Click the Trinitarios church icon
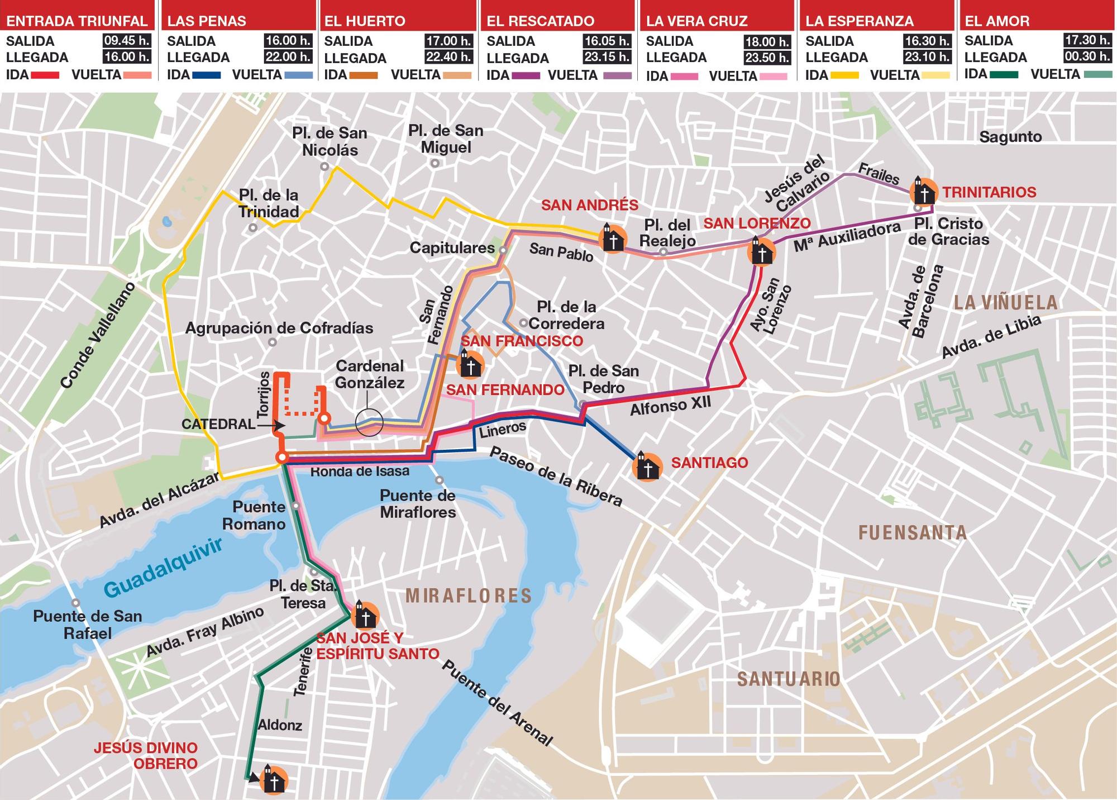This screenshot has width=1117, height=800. pyautogui.click(x=924, y=192)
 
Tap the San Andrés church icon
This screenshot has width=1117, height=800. pyautogui.click(x=613, y=239)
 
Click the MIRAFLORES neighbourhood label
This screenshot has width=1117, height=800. pyautogui.click(x=469, y=596)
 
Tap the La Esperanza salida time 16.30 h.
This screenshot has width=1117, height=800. pyautogui.click(x=927, y=41)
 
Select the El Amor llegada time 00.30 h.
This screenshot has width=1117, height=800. pyautogui.click(x=1086, y=57)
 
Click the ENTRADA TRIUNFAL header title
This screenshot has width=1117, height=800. pyautogui.click(x=77, y=21)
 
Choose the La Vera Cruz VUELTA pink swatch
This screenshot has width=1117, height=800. pyautogui.click(x=773, y=76)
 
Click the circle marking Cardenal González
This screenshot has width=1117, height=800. pyautogui.click(x=369, y=422)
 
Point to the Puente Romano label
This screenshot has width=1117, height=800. pyautogui.click(x=255, y=515)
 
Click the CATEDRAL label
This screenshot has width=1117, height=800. pyautogui.click(x=218, y=424)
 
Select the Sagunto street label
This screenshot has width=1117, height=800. pyautogui.click(x=1010, y=137)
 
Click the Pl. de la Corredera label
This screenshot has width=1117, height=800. pyautogui.click(x=566, y=315)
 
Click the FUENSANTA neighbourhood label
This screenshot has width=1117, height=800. pyautogui.click(x=912, y=532)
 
